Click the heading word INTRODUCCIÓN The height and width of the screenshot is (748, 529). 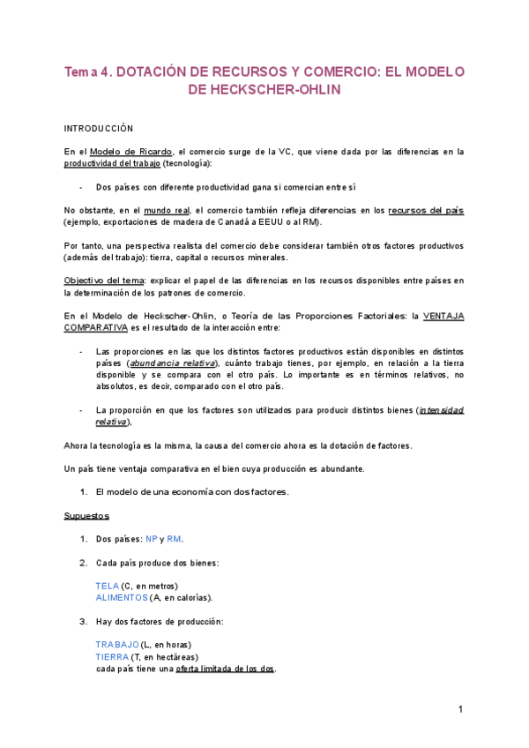pyautogui.click(x=99, y=129)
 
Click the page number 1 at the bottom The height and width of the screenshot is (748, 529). pyautogui.click(x=460, y=710)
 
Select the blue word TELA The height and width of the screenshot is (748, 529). pyautogui.click(x=107, y=586)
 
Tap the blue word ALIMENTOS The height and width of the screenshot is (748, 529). pyautogui.click(x=122, y=597)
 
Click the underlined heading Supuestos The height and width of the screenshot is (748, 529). pyautogui.click(x=86, y=515)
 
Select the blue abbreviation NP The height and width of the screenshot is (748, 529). pyautogui.click(x=152, y=539)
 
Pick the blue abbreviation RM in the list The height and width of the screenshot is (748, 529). pyautogui.click(x=174, y=539)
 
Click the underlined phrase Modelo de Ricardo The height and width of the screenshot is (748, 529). pyautogui.click(x=131, y=152)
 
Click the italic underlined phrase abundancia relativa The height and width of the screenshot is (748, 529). pyautogui.click(x=173, y=363)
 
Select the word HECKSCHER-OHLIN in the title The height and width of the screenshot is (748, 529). pyautogui.click(x=265, y=89)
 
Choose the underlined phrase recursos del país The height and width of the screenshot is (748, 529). pyautogui.click(x=426, y=211)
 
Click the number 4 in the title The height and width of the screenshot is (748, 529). pyautogui.click(x=104, y=71)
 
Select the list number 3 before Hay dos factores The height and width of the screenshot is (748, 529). pyautogui.click(x=83, y=621)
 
